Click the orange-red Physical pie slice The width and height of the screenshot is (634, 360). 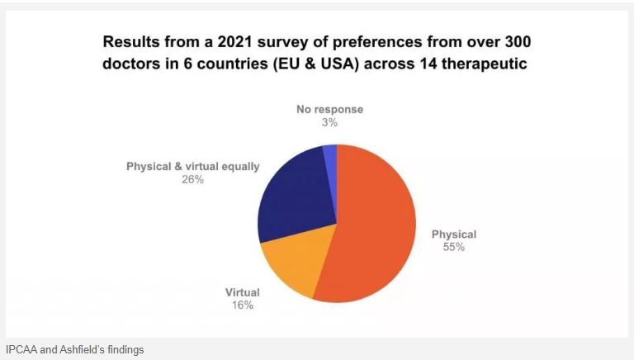pos(376,223)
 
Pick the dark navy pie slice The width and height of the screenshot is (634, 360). pos(293,194)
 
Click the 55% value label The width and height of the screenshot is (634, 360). pos(453,247)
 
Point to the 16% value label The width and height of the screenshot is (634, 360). pos(242,306)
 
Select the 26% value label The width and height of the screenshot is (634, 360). pos(192,179)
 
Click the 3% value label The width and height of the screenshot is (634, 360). pos(329,122)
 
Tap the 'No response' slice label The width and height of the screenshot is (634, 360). pos(329,109)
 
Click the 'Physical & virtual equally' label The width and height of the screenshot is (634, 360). pos(192,166)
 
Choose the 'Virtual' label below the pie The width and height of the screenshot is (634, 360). pos(243,292)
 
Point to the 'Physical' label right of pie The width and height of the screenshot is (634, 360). pos(454,234)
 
